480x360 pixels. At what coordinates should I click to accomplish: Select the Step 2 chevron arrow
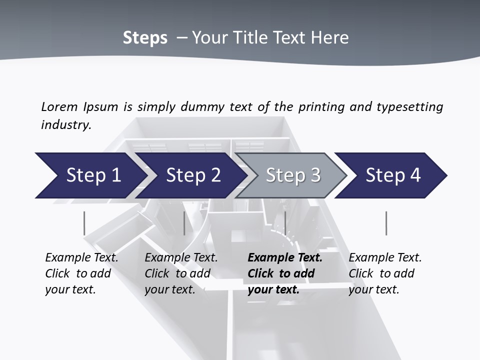193,175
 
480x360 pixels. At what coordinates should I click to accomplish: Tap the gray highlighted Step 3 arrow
293,175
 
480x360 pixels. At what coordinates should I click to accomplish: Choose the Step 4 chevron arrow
393,175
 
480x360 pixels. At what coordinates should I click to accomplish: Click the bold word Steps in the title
145,38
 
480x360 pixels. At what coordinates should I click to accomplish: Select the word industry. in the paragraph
66,125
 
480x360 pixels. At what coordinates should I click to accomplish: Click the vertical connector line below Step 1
84,223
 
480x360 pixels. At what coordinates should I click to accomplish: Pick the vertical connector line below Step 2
184,223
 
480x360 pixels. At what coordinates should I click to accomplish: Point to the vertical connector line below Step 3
285,223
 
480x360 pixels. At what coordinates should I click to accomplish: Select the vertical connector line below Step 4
386,223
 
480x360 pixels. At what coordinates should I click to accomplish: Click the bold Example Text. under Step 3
285,258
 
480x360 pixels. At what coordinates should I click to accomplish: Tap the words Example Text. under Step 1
81,258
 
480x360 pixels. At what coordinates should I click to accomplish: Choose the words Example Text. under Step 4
385,258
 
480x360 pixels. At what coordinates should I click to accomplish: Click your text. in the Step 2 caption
169,290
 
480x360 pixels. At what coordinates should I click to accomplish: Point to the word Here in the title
330,38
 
